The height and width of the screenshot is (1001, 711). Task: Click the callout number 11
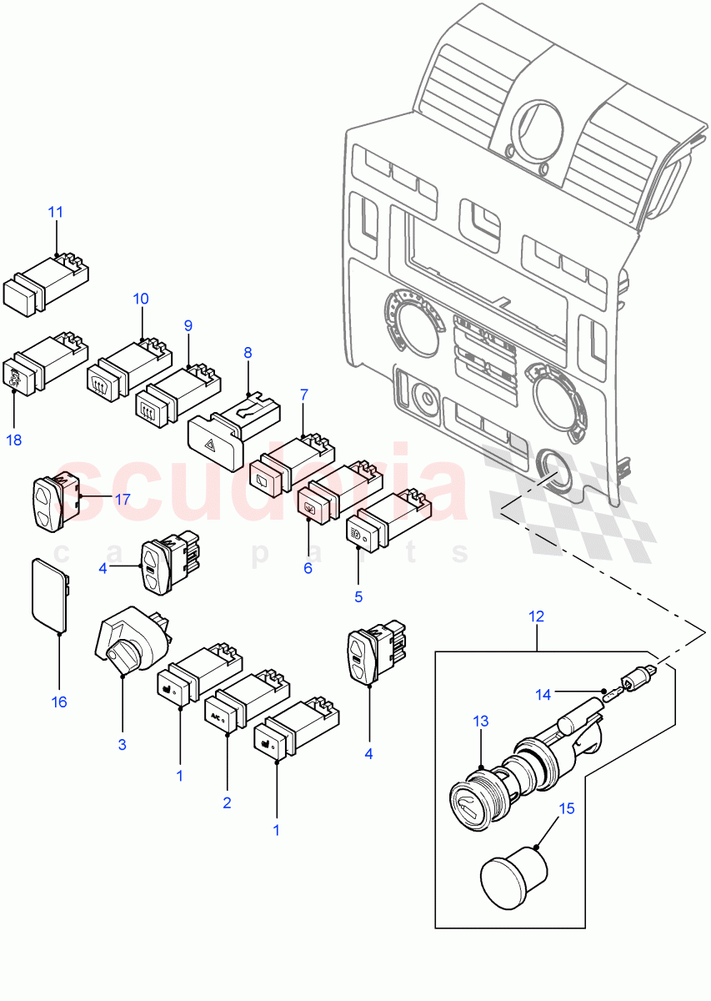[55, 212]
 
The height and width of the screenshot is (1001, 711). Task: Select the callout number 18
[13, 440]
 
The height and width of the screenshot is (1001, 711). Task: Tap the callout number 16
[59, 702]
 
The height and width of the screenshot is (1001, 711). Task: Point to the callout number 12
[536, 616]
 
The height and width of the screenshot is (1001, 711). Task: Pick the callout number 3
[122, 744]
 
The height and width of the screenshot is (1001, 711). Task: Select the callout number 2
[227, 803]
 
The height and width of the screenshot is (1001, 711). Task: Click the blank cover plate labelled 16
[48, 591]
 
